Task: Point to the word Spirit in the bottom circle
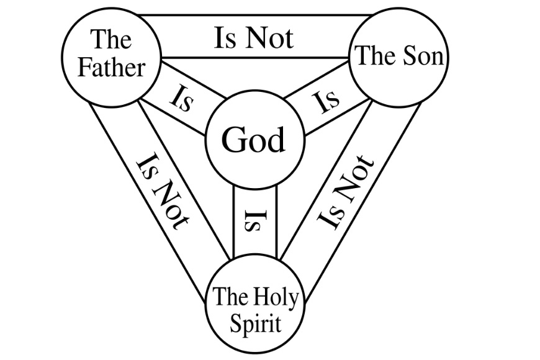(x=255, y=323)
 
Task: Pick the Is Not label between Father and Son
(x=253, y=38)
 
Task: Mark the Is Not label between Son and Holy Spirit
(x=346, y=192)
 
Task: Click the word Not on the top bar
(x=268, y=38)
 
